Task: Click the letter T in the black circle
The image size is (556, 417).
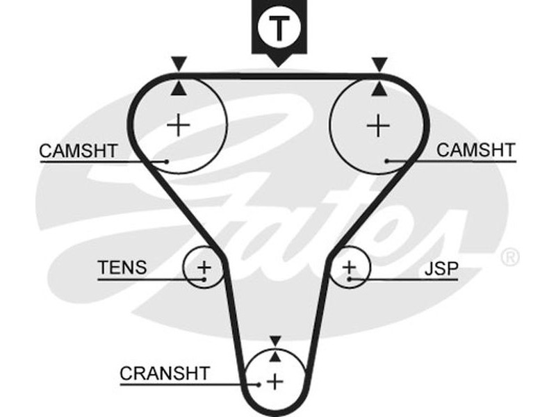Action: pos(278,28)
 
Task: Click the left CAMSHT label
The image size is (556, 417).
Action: pos(78,150)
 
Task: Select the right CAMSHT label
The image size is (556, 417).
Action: pos(475,150)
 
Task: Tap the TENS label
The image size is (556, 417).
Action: pos(122,268)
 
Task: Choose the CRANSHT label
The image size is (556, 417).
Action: pos(164,373)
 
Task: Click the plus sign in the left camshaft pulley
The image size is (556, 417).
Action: pos(179,125)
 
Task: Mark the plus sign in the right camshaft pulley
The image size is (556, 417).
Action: pos(378,125)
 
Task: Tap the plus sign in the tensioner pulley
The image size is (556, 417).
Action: pos(204,266)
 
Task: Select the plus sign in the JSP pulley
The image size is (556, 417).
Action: pos(349,266)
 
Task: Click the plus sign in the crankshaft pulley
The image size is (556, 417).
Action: pos(276,381)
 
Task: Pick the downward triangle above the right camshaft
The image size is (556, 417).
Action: pos(379,65)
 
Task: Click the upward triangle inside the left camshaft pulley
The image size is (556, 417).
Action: pos(180,88)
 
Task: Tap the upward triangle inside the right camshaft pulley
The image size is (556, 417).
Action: pos(379,88)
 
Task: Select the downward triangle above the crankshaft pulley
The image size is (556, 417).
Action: pos(276,340)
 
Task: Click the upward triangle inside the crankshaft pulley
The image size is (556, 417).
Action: pos(276,355)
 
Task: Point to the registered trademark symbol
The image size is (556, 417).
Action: pos(510,258)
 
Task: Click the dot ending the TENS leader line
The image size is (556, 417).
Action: pos(204,279)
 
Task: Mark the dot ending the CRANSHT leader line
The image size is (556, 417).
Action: pos(259,383)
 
